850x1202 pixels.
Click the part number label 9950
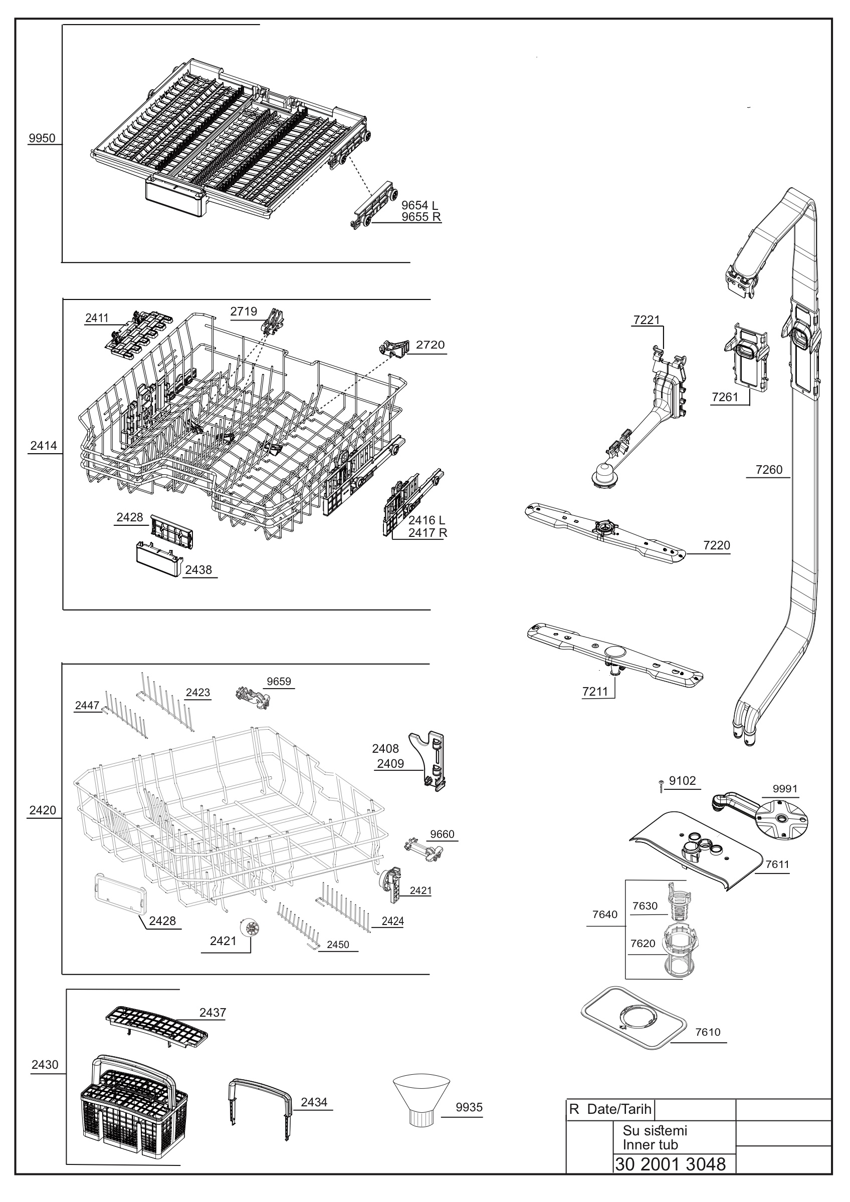click(x=42, y=138)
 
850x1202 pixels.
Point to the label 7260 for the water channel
click(x=769, y=470)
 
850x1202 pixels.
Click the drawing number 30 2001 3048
click(x=671, y=1164)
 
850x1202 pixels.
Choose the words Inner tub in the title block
click(x=650, y=1144)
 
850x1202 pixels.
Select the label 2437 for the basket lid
click(x=212, y=1013)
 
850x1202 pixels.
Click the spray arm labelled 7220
click(x=605, y=533)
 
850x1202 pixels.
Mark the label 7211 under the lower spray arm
click(x=595, y=692)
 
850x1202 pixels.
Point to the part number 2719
click(x=244, y=312)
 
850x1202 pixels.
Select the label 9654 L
click(x=419, y=205)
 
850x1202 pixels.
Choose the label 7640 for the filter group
click(x=605, y=914)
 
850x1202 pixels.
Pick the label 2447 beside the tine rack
click(x=87, y=705)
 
